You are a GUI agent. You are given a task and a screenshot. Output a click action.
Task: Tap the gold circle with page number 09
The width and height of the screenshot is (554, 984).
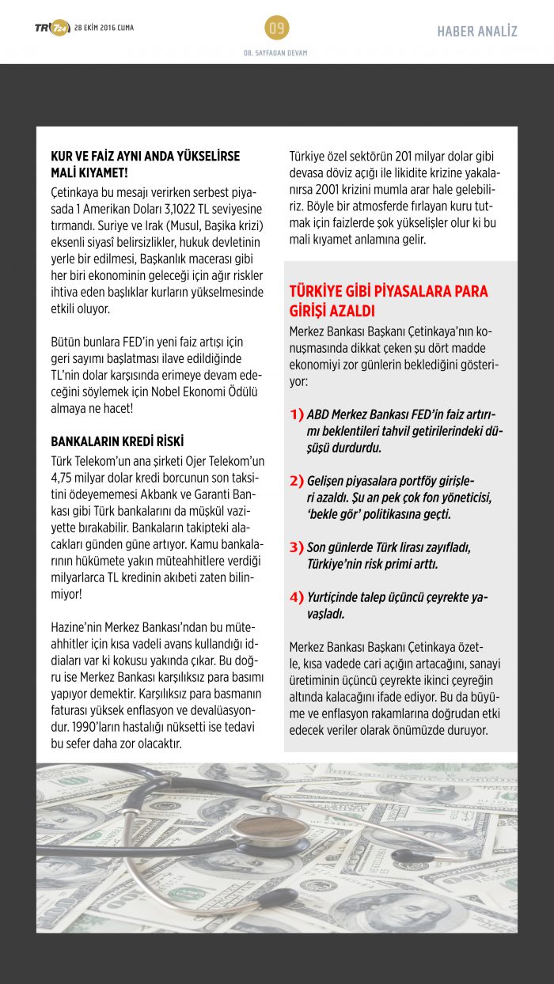[x=276, y=28]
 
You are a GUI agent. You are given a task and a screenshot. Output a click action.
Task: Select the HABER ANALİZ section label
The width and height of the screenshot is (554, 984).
[x=477, y=32]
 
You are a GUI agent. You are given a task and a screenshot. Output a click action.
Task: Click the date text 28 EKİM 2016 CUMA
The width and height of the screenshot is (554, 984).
[x=104, y=28]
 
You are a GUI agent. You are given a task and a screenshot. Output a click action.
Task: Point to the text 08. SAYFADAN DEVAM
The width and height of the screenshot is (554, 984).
[x=275, y=53]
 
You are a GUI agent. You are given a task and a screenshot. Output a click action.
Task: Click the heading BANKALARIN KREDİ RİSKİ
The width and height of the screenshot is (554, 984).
[x=117, y=441]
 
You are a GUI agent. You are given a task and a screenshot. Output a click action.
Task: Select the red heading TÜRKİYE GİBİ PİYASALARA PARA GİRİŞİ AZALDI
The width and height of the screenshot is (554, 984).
[x=388, y=301]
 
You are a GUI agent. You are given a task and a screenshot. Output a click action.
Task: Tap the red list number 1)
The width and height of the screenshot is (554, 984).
[x=297, y=414]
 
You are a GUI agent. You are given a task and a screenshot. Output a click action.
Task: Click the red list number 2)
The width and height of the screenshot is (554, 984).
[x=297, y=481]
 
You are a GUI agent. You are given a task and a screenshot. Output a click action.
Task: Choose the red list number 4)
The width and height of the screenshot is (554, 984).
[x=297, y=597]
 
